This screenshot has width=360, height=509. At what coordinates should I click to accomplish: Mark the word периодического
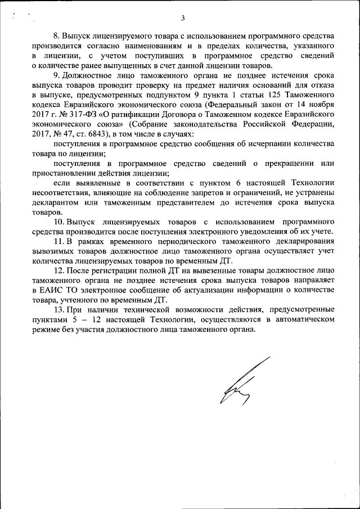[160, 242]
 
